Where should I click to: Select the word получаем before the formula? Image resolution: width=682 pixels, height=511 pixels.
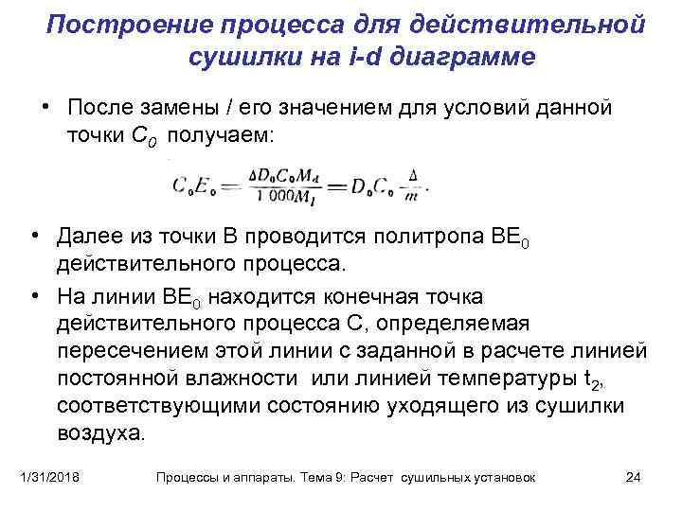point(221,134)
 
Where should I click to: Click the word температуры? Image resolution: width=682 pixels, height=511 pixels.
point(507,379)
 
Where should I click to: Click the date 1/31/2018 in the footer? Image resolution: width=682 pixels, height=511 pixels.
point(51,478)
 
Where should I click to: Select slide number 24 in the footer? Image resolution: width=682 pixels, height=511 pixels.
point(634,478)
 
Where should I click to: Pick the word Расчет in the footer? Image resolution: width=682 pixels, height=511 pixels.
point(371,478)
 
